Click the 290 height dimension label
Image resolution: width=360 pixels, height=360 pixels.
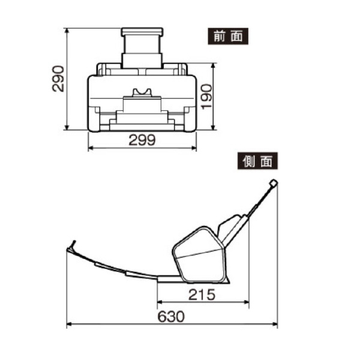click(x=58, y=78)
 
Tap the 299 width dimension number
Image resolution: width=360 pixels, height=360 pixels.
click(x=142, y=140)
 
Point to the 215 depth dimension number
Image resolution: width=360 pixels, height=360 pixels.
click(x=202, y=295)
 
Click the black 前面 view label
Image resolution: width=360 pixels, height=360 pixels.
click(x=227, y=35)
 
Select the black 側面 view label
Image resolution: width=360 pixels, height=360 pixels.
click(x=257, y=161)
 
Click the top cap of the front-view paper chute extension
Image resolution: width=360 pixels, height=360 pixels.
click(x=142, y=31)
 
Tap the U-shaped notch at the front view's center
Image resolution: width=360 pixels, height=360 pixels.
click(x=142, y=92)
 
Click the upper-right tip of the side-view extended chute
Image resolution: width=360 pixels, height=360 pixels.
click(x=273, y=183)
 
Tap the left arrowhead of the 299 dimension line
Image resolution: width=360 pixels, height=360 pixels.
click(x=91, y=148)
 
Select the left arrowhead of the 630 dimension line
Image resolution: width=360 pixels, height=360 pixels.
click(x=68, y=325)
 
